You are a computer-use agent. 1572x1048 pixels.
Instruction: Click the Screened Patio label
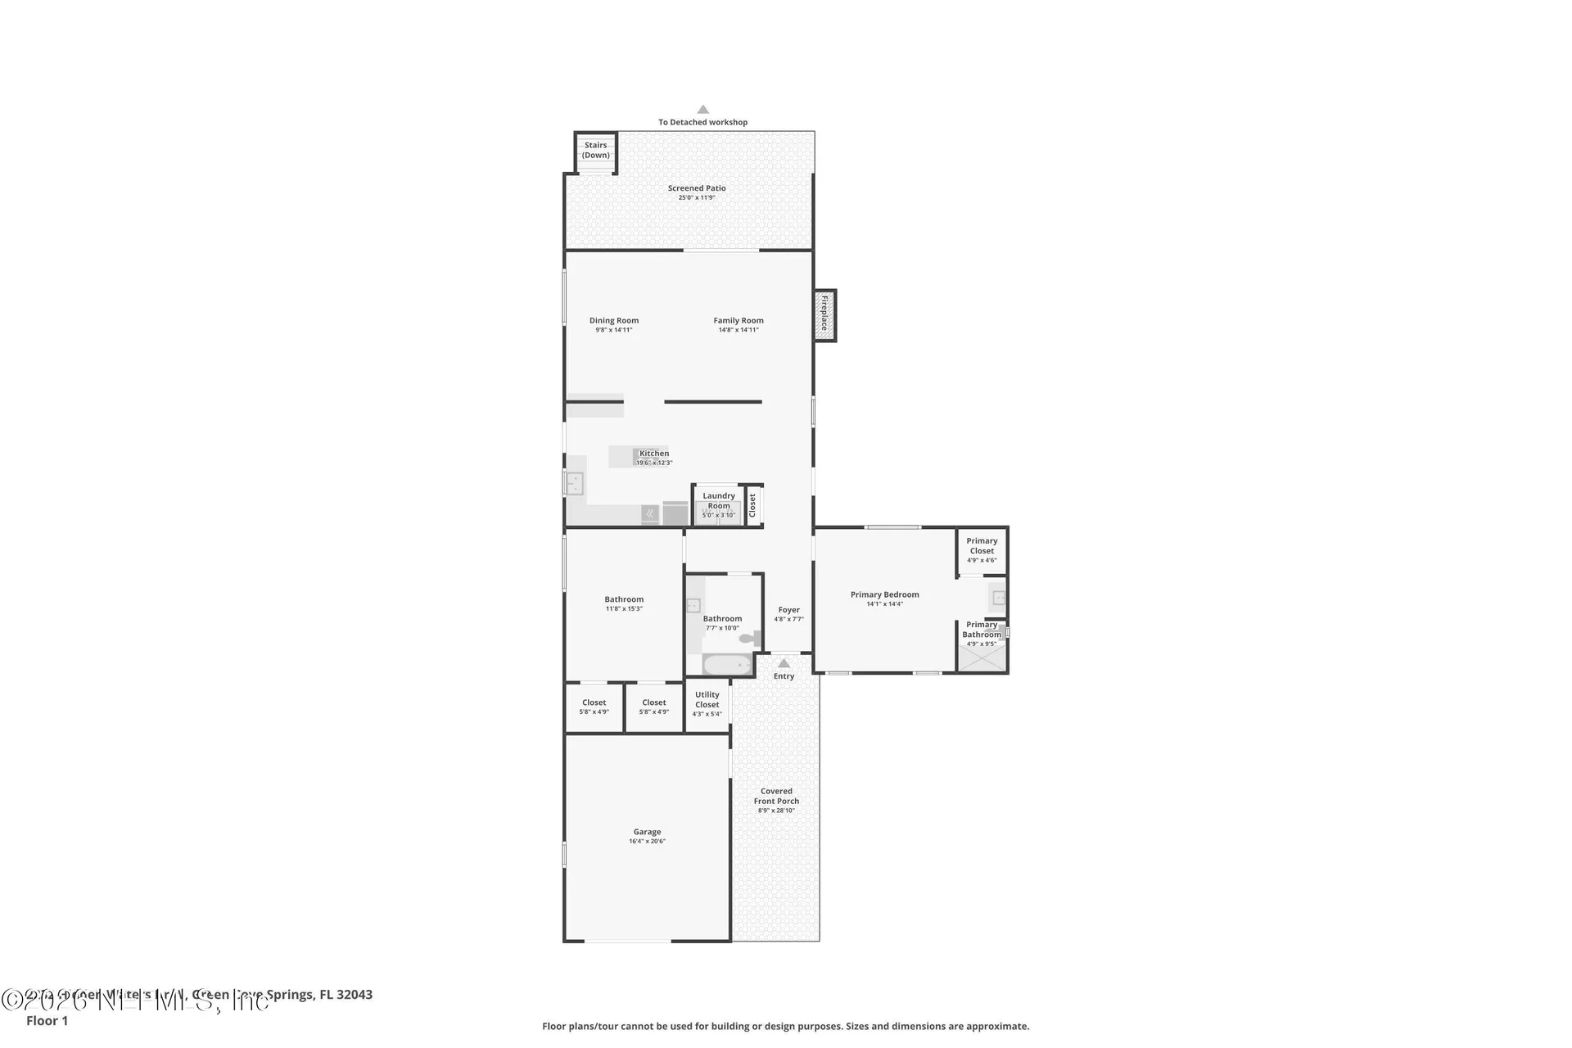pyautogui.click(x=696, y=188)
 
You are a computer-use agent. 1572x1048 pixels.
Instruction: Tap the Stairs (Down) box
pyautogui.click(x=595, y=151)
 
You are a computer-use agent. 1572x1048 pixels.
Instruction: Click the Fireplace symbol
pyautogui.click(x=824, y=315)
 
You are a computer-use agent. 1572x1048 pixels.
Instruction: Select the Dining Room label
pyautogui.click(x=614, y=321)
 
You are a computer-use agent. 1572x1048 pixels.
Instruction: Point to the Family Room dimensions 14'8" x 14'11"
pyautogui.click(x=739, y=330)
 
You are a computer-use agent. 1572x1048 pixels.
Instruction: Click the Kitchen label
pyautogui.click(x=654, y=453)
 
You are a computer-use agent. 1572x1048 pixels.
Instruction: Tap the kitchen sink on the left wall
pyautogui.click(x=574, y=483)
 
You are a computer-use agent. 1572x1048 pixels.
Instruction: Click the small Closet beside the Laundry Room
pyautogui.click(x=753, y=504)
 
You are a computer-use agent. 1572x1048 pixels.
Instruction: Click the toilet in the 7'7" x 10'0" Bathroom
pyautogui.click(x=748, y=638)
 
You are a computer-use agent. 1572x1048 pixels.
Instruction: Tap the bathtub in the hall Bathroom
pyautogui.click(x=727, y=664)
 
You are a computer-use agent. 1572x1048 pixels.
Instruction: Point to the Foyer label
pyautogui.click(x=788, y=610)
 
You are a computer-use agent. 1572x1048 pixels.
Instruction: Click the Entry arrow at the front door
pyautogui.click(x=784, y=663)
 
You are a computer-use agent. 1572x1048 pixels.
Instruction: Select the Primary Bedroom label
pyautogui.click(x=884, y=595)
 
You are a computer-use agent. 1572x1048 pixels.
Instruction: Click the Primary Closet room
pyautogui.click(x=982, y=550)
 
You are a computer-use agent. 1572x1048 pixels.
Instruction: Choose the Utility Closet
pyautogui.click(x=707, y=703)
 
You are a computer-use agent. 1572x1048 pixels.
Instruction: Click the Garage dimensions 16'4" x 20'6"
pyautogui.click(x=647, y=841)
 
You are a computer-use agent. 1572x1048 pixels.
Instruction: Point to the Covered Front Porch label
pyautogui.click(x=776, y=796)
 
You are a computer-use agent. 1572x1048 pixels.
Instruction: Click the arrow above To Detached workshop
pyautogui.click(x=702, y=109)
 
